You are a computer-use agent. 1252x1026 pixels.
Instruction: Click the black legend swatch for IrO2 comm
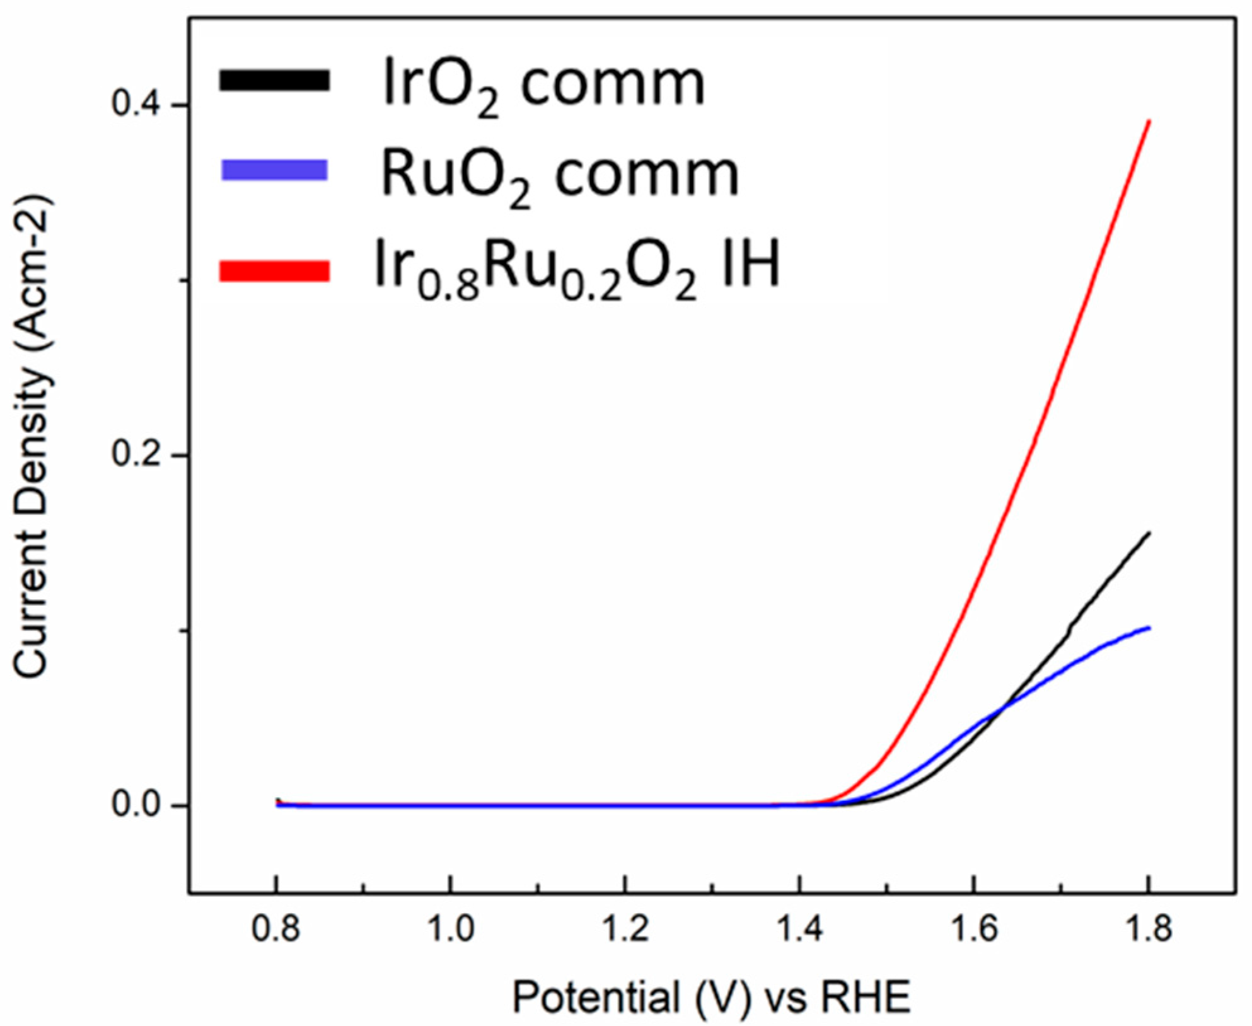point(274,81)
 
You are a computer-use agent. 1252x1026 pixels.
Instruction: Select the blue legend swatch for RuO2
point(274,170)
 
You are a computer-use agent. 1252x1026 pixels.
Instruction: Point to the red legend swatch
point(274,270)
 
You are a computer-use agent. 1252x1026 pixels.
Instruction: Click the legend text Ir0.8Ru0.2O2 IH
point(577,268)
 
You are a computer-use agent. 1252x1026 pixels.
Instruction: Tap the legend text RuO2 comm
point(560,176)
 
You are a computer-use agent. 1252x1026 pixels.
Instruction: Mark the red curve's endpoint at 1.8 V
point(1149,120)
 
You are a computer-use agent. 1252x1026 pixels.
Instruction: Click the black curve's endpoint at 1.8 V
point(1149,533)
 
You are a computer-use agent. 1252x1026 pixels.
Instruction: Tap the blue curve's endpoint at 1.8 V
point(1149,628)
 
